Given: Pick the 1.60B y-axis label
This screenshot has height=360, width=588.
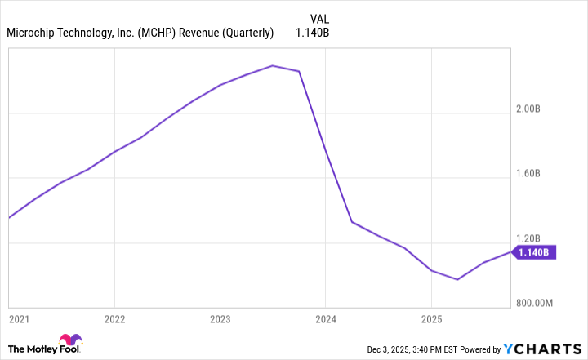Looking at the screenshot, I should coord(538,173).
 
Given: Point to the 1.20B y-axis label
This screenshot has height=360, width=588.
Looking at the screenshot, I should coord(538,238).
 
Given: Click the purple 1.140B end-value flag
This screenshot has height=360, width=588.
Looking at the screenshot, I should coord(536,252).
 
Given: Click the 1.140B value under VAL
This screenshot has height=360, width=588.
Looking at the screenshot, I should coord(312,33).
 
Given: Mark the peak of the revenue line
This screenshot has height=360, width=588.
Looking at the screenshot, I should coord(273,65).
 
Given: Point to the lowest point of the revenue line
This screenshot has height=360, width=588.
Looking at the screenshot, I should coord(457,279).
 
